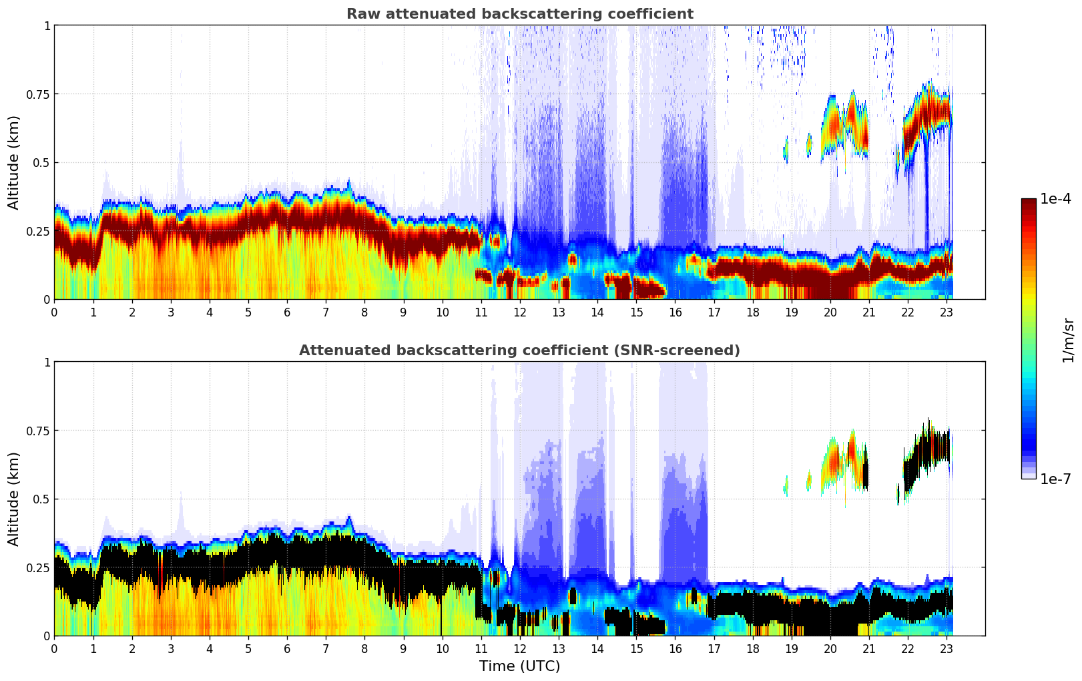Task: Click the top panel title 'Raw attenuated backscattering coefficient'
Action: coord(519,14)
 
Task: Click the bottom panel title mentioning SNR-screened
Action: coord(519,351)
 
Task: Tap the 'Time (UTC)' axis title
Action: coord(519,666)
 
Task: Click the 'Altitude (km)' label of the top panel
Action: coord(14,162)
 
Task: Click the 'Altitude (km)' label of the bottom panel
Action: coord(14,499)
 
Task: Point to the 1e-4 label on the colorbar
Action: coord(1055,199)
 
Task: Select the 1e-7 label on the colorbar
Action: coord(1055,479)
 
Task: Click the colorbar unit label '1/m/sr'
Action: coord(1068,340)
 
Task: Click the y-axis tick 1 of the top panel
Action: coord(47,25)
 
